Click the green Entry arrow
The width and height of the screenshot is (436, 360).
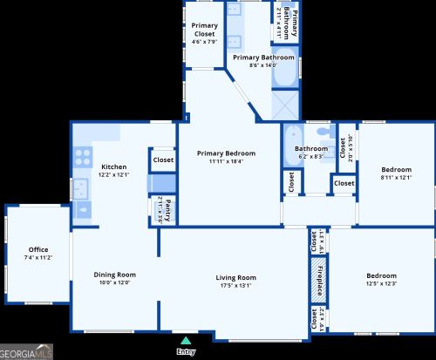[x=185, y=341]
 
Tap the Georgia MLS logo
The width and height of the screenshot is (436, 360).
[x=27, y=351]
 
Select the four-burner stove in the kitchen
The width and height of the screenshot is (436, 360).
[x=83, y=157]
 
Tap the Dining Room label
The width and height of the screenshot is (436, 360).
[x=114, y=275]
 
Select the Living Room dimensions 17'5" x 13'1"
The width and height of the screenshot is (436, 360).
[x=235, y=284]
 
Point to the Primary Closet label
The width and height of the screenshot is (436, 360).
[x=205, y=30]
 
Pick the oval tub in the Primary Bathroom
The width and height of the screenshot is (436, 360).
[x=284, y=77]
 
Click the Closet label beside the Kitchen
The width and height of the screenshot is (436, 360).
[x=163, y=160]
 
